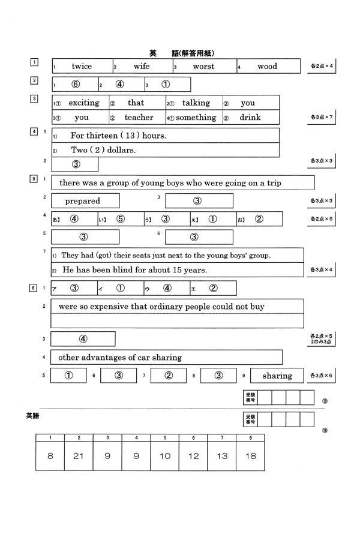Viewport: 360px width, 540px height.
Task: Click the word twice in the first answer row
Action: [x=82, y=67]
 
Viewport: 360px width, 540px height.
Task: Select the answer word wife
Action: [x=142, y=67]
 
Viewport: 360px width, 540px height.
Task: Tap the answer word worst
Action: [x=203, y=67]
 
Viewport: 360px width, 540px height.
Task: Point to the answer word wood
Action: [x=267, y=67]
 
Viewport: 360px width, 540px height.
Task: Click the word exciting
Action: [x=83, y=103]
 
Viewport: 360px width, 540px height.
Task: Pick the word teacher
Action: [x=139, y=118]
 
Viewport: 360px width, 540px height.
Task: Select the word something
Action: [x=196, y=118]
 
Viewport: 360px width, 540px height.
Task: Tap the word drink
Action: [x=250, y=118]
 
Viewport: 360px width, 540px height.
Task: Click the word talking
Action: [x=196, y=103]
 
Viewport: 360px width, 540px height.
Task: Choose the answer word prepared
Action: [x=83, y=201]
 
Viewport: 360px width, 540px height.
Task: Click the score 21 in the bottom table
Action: [x=79, y=456]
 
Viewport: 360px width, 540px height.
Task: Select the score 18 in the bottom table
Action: [x=250, y=456]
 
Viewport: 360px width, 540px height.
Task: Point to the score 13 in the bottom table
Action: [x=222, y=456]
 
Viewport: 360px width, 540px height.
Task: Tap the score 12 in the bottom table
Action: [x=193, y=456]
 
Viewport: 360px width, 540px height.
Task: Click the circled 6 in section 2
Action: [x=76, y=85]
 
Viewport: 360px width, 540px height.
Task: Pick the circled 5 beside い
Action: [x=121, y=219]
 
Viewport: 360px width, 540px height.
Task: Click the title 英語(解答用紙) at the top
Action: [x=182, y=53]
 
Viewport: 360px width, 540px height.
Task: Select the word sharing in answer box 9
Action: [x=277, y=376]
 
